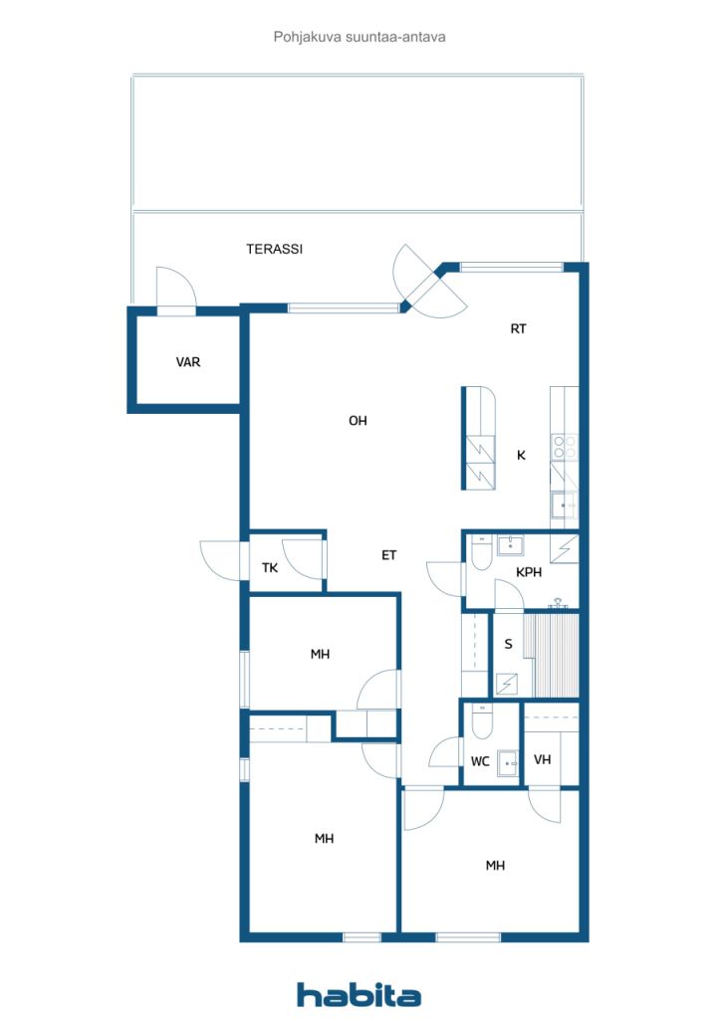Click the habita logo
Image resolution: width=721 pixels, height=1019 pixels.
pyautogui.click(x=359, y=995)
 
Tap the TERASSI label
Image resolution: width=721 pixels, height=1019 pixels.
pyautogui.click(x=274, y=249)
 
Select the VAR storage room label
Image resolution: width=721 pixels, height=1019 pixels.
pyautogui.click(x=188, y=362)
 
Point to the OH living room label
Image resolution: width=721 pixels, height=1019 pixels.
pyautogui.click(x=358, y=421)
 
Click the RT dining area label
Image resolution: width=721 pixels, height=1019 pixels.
pyautogui.click(x=518, y=328)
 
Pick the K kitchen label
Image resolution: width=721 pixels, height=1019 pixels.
pyautogui.click(x=521, y=455)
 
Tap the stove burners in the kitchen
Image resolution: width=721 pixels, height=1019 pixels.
pyautogui.click(x=565, y=447)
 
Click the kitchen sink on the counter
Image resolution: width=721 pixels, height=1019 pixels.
pyautogui.click(x=564, y=505)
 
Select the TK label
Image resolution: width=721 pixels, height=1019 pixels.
pyautogui.click(x=270, y=568)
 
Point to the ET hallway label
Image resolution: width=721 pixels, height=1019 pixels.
pyautogui.click(x=388, y=555)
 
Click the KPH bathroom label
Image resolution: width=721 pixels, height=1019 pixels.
pyautogui.click(x=529, y=572)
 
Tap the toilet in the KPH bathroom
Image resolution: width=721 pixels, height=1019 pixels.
pyautogui.click(x=482, y=552)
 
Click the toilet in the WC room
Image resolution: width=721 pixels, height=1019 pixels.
pyautogui.click(x=482, y=721)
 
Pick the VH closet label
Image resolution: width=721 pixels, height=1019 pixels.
pyautogui.click(x=542, y=759)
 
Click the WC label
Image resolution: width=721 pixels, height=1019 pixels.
pyautogui.click(x=480, y=761)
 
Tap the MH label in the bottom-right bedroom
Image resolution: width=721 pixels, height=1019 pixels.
pyautogui.click(x=495, y=865)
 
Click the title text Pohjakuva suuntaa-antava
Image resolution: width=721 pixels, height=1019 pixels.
pyautogui.click(x=360, y=37)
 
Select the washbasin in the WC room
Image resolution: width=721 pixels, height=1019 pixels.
pyautogui.click(x=508, y=762)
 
